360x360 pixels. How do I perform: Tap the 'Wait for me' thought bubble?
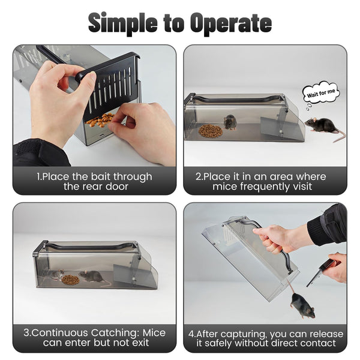coord(321,93)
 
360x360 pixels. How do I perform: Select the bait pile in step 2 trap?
coord(210,130)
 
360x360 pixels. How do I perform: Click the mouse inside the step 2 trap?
coord(230,122)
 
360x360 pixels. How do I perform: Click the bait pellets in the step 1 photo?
coord(100,120)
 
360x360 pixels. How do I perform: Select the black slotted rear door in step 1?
coord(114,84)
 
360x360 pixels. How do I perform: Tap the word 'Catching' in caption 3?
coord(110,333)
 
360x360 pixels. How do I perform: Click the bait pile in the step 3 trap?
coord(70,280)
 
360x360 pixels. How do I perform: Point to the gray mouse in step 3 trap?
coord(55,275)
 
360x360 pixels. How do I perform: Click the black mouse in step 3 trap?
coord(93,276)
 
